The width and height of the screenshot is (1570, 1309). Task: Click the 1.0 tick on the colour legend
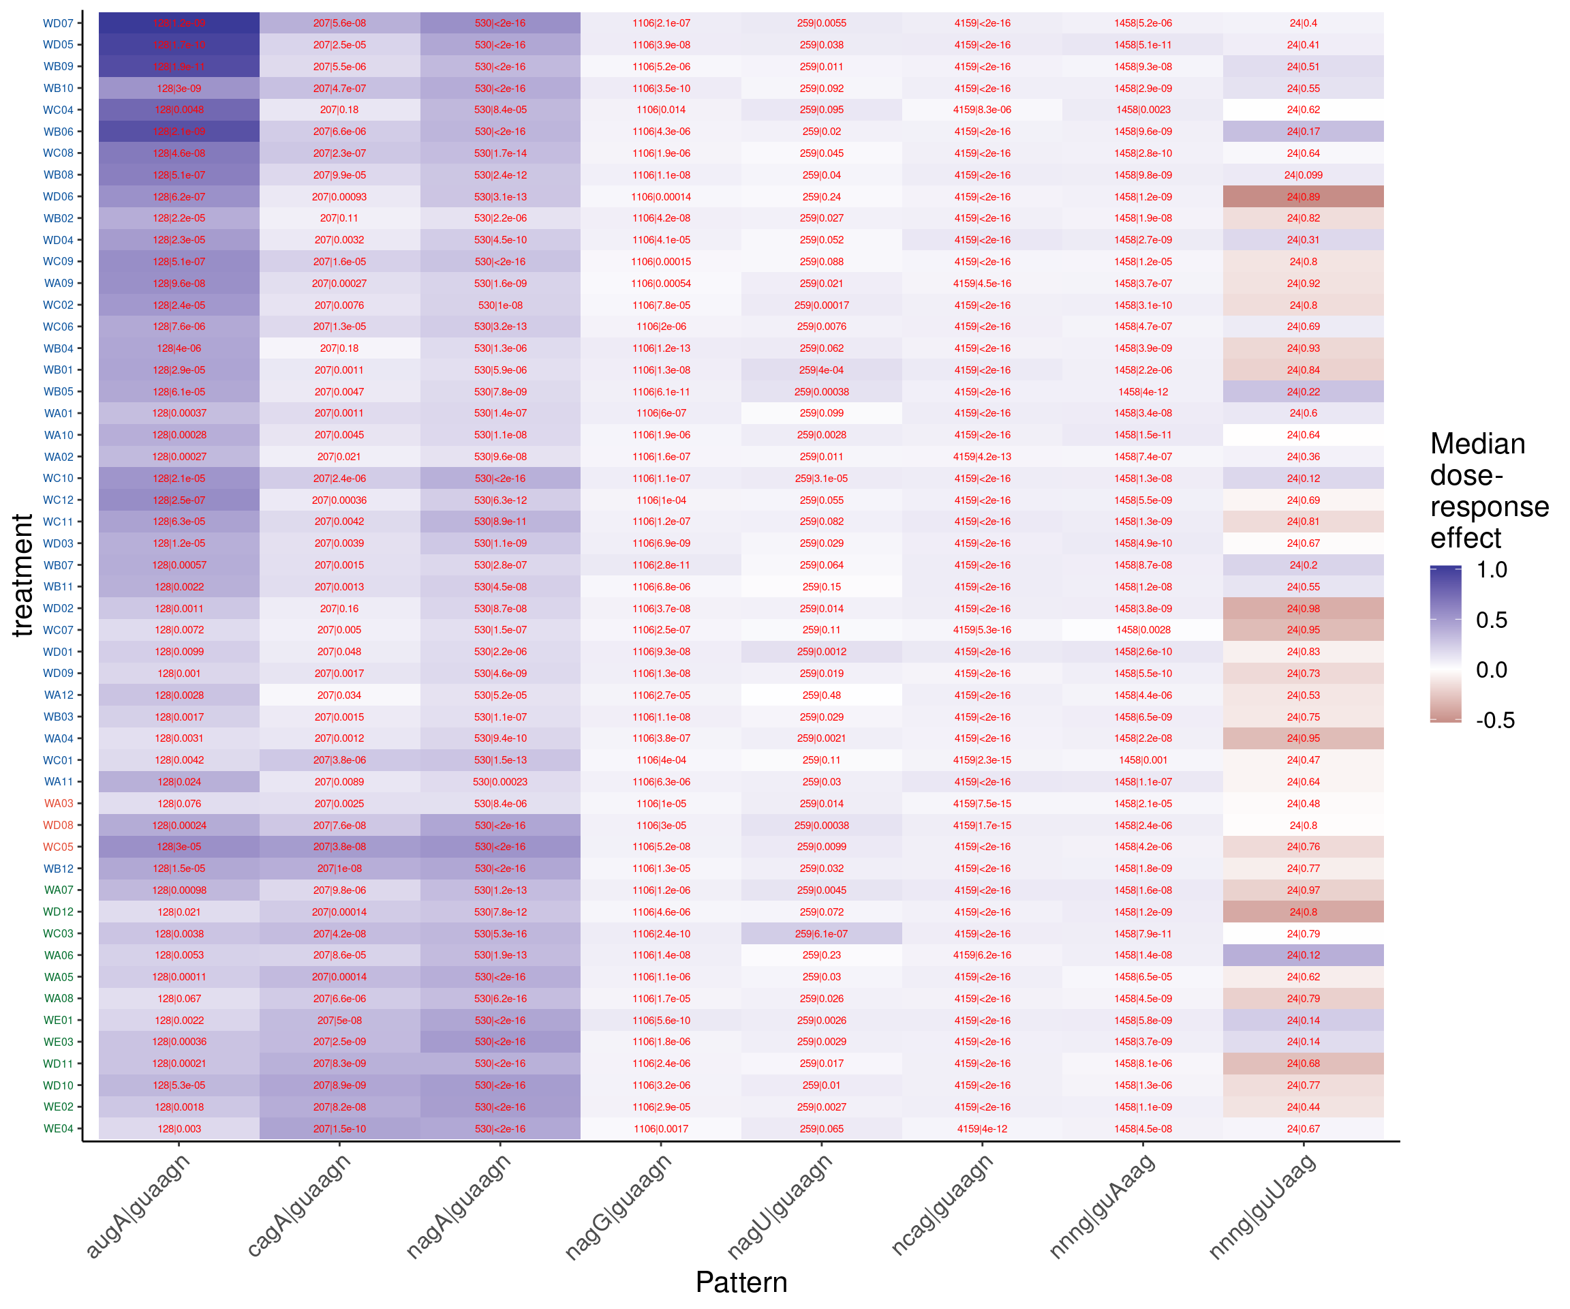pos(1492,570)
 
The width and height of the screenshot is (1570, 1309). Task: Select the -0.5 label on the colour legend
pos(1494,721)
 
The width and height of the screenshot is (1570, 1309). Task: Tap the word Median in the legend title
pos(1477,444)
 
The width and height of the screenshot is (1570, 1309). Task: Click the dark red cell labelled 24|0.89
pos(1303,197)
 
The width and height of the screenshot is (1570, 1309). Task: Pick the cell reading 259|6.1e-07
pos(821,933)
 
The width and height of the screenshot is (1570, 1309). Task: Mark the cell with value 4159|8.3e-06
pos(982,110)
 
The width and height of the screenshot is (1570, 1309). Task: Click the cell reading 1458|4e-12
pos(1142,392)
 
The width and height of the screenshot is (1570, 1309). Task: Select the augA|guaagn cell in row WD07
pos(179,23)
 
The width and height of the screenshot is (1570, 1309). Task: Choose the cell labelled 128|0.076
pos(179,803)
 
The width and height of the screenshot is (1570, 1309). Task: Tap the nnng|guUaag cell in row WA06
pos(1303,955)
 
